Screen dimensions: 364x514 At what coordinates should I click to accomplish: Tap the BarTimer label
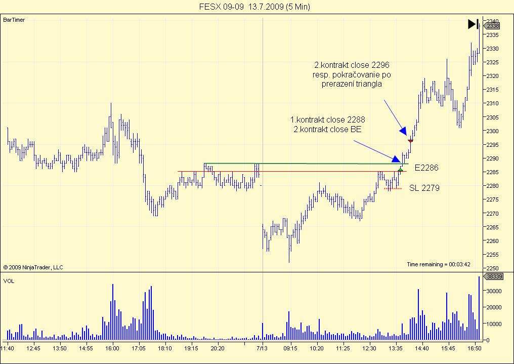click(14, 20)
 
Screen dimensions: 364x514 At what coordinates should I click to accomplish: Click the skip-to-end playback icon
click(473, 23)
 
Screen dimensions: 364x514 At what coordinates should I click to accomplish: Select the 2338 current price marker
click(493, 25)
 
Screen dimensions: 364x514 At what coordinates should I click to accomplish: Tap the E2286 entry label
click(426, 167)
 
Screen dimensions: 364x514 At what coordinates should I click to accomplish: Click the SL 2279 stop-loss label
click(424, 188)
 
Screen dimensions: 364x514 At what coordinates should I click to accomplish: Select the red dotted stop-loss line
click(393, 189)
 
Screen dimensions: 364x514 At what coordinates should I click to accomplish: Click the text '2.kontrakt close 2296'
click(352, 65)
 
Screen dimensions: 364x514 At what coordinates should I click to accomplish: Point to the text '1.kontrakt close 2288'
click(327, 120)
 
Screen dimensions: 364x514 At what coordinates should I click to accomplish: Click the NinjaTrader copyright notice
click(33, 267)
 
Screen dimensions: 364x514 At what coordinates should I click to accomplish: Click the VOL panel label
click(9, 280)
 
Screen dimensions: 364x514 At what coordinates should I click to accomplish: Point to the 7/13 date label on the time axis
click(262, 348)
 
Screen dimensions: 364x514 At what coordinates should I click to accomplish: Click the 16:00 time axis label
click(112, 348)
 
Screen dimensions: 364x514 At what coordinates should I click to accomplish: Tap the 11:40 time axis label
click(7, 348)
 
